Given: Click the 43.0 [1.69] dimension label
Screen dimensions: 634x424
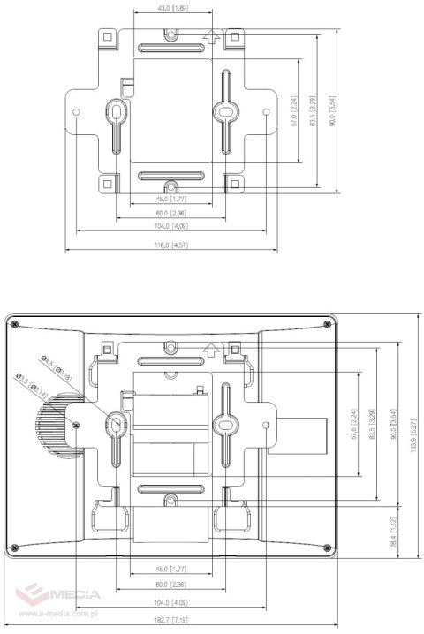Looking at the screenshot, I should point(172,8).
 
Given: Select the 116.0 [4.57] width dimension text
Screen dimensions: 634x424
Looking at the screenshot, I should point(171,244).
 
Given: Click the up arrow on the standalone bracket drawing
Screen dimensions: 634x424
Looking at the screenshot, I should point(210,36).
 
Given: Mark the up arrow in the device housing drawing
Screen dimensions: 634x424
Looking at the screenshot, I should point(210,346).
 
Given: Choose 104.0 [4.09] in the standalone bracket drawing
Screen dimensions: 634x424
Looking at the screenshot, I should point(171,226).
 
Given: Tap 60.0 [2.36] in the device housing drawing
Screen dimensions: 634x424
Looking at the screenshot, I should point(171,584).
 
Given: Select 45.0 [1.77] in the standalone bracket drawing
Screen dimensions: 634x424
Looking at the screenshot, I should point(171,200).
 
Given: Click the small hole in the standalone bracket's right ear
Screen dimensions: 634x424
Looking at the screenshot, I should point(267,112).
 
